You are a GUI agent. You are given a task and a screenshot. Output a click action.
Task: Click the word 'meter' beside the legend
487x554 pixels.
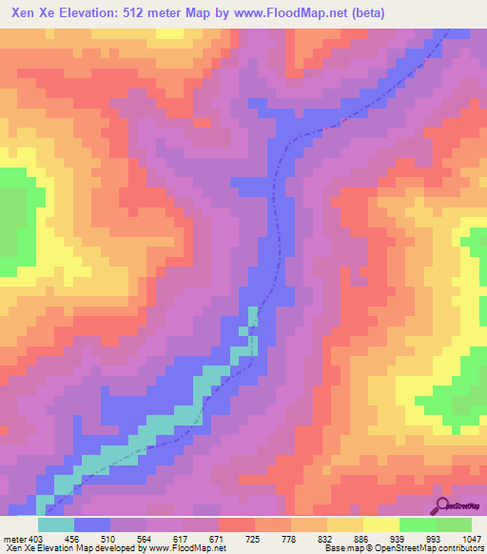12,539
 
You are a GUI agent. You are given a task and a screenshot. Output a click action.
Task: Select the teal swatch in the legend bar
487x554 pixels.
56,524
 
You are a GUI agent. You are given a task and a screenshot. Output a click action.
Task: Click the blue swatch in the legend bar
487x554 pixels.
92,524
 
